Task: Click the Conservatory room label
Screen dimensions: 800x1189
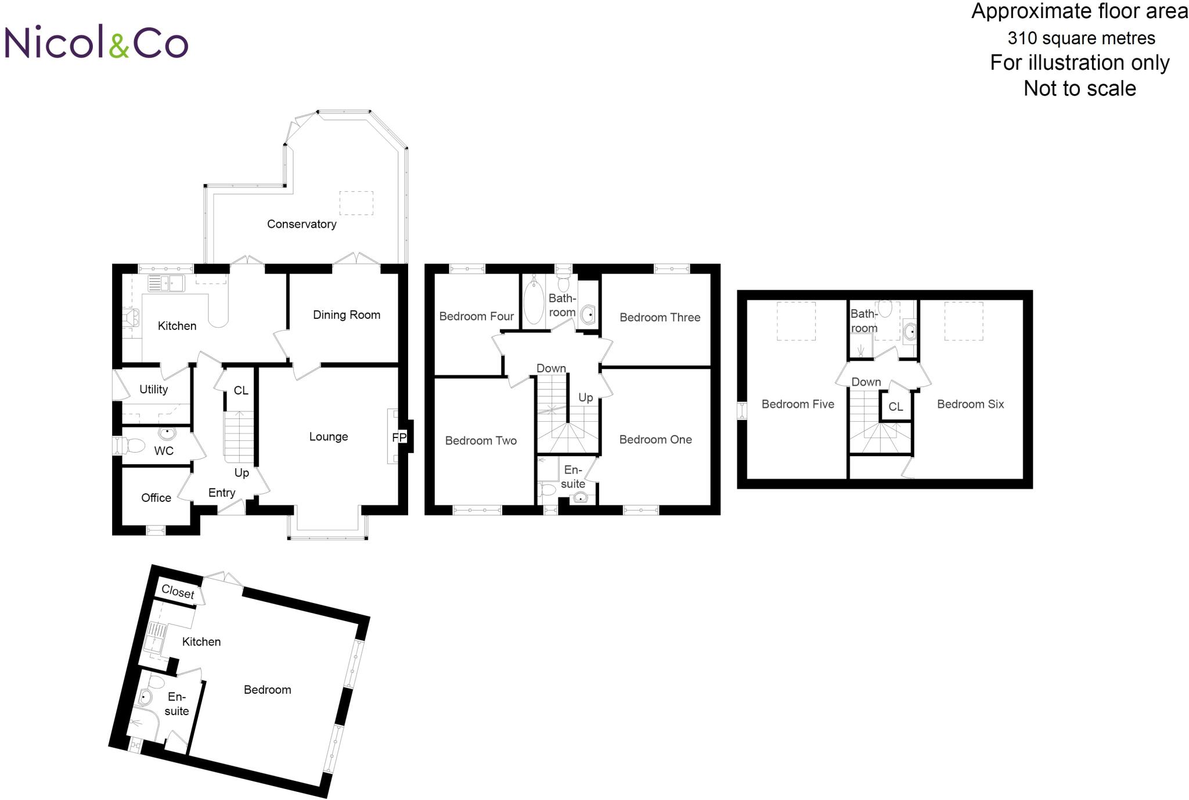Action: point(301,224)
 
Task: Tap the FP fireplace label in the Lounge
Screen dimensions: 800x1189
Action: point(399,437)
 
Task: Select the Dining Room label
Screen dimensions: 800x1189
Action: point(347,315)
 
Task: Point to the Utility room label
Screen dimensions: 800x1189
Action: point(154,389)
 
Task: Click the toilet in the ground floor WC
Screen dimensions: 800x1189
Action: point(131,446)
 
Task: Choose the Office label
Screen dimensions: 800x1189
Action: point(156,498)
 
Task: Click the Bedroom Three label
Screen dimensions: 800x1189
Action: point(660,318)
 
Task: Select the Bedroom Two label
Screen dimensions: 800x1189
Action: point(481,441)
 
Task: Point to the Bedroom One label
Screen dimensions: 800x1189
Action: point(655,440)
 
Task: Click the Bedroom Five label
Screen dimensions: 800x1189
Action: point(798,404)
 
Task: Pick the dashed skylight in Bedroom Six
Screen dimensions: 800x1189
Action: point(964,321)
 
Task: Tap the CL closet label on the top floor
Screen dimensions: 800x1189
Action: point(896,407)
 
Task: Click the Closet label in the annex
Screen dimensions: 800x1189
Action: point(178,591)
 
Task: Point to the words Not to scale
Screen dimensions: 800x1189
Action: point(1079,89)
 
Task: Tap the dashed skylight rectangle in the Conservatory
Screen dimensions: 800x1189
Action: point(356,203)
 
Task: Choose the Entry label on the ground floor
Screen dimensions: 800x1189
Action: point(222,493)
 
